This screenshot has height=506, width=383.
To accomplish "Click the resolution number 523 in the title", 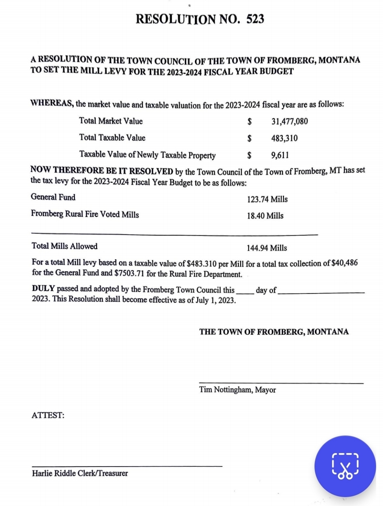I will point(255,19).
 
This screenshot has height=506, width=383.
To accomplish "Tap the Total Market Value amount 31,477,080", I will point(289,122).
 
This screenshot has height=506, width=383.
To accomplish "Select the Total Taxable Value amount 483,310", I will point(284,138).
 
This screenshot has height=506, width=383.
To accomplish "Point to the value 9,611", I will point(280,155).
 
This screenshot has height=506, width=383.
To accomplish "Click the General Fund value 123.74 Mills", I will point(267,199).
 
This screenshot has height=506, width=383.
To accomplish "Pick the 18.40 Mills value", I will point(265,216).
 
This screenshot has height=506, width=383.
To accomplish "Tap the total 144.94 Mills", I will point(266,248).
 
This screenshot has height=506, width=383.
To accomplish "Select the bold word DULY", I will point(43,288).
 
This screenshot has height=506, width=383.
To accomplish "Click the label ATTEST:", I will point(48,415).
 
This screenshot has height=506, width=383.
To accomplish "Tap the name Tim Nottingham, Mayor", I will point(237,390).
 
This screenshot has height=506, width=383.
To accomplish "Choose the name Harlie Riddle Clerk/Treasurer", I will point(80,473).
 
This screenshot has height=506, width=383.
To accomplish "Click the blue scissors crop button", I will point(345,466).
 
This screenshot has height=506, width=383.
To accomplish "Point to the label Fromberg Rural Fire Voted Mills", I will point(85,214).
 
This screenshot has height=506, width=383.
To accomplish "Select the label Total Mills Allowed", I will point(64,246).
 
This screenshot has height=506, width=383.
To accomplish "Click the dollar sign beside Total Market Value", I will point(249,122).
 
